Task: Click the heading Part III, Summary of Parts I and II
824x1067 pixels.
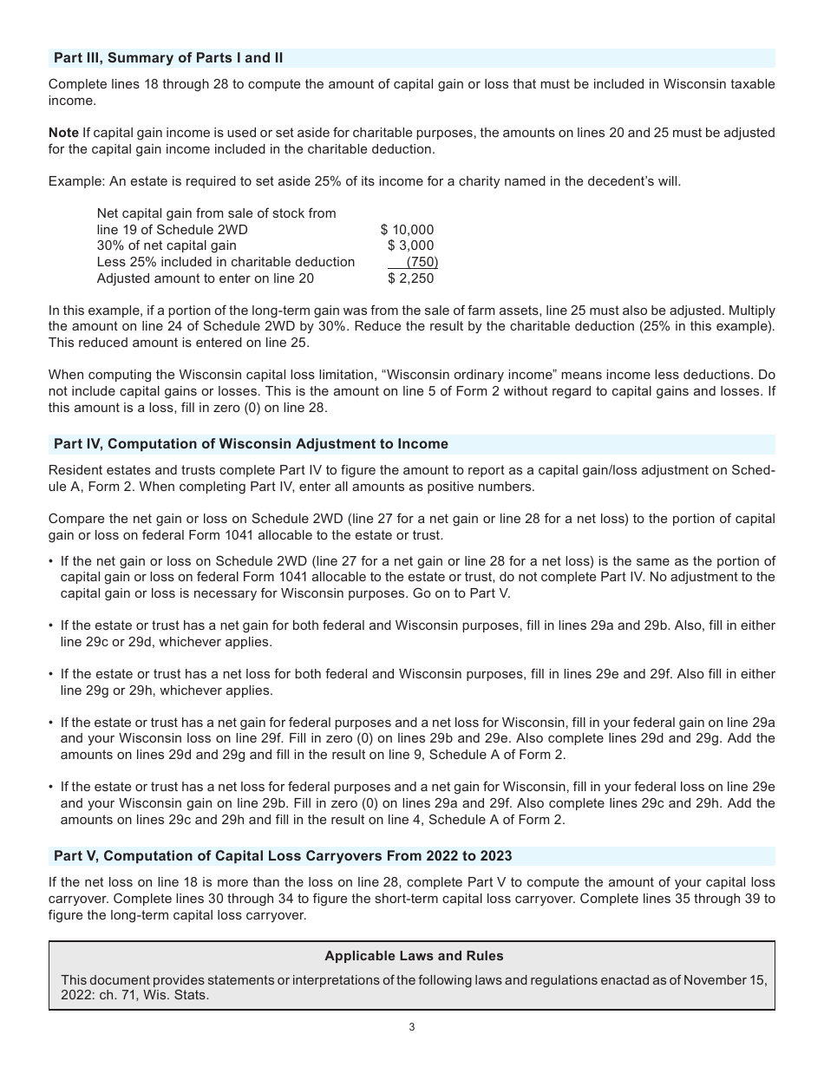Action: tap(168, 58)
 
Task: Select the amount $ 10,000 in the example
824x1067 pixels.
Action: tap(407, 230)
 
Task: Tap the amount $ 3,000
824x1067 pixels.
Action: tap(410, 245)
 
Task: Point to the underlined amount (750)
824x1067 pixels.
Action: tap(422, 262)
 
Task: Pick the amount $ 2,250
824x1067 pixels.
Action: tap(410, 278)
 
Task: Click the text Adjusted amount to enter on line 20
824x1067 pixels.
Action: tap(206, 278)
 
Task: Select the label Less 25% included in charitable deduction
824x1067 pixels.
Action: tap(226, 262)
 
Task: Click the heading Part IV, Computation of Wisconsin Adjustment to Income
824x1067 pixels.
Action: tap(251, 444)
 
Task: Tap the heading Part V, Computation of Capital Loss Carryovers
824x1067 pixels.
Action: tap(283, 856)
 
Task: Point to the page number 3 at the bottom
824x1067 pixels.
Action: tap(412, 1028)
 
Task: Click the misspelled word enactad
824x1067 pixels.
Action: tap(616, 979)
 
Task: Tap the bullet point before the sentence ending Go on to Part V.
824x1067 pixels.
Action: tap(51, 561)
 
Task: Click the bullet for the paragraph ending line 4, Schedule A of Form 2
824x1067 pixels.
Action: tap(51, 788)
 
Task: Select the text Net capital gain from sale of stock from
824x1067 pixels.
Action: tap(216, 213)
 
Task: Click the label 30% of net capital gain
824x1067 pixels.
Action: tap(167, 245)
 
